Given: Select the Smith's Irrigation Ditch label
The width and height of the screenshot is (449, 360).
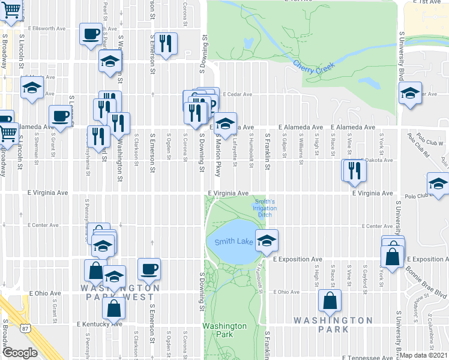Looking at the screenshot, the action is point(265,208).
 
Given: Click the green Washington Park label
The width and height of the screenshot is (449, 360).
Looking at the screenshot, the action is point(224,330).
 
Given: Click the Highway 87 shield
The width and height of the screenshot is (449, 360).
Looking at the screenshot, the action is point(25,328).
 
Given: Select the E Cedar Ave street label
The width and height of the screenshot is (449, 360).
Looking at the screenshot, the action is point(235,94).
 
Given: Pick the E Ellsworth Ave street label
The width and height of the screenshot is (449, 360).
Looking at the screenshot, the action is point(46,28).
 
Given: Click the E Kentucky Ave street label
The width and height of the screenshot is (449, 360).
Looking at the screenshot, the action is point(99,324).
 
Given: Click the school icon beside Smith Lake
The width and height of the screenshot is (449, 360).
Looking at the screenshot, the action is point(267,240).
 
